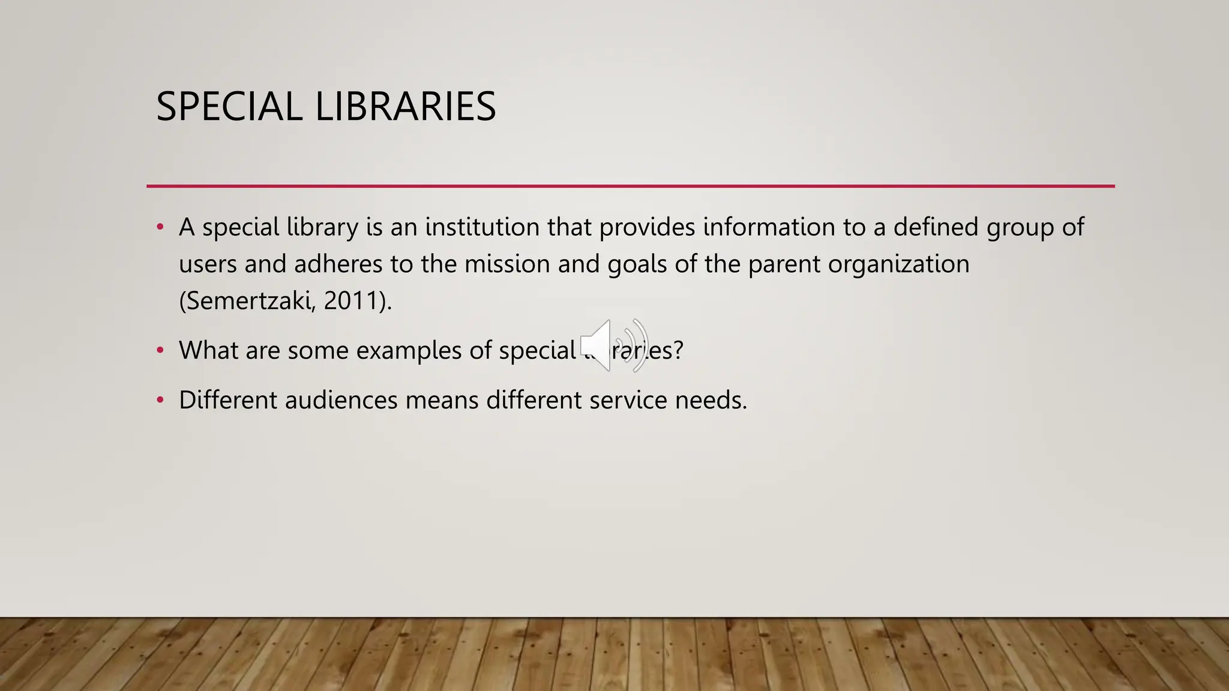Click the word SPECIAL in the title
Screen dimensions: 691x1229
pyautogui.click(x=229, y=107)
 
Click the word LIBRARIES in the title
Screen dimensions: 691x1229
pyautogui.click(x=405, y=107)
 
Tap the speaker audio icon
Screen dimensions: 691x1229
pyautogui.click(x=613, y=345)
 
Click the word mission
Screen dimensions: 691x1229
pyautogui.click(x=507, y=265)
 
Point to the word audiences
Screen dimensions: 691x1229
pyautogui.click(x=341, y=400)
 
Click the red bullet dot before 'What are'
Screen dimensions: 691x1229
pyautogui.click(x=160, y=350)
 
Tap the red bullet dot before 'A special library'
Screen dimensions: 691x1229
pyautogui.click(x=160, y=227)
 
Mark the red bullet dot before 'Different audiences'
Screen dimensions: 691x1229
pyautogui.click(x=160, y=399)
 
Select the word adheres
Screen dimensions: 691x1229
pyautogui.click(x=338, y=265)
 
